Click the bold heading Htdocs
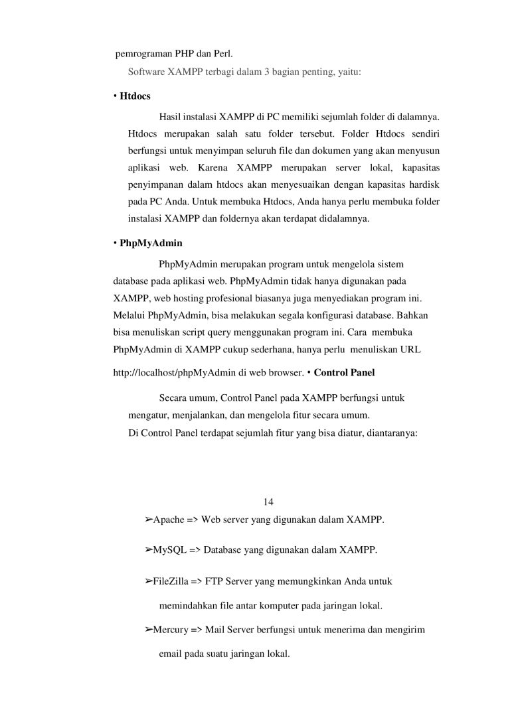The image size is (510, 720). coord(135,96)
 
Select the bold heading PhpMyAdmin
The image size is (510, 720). coord(151,244)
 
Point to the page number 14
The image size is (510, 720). coord(269,500)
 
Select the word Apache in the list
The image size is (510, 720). coord(169,519)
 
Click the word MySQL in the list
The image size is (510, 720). coord(168,550)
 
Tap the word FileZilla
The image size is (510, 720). coord(171,582)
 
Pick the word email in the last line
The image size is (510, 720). coord(171,653)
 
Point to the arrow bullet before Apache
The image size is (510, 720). coord(149,518)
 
